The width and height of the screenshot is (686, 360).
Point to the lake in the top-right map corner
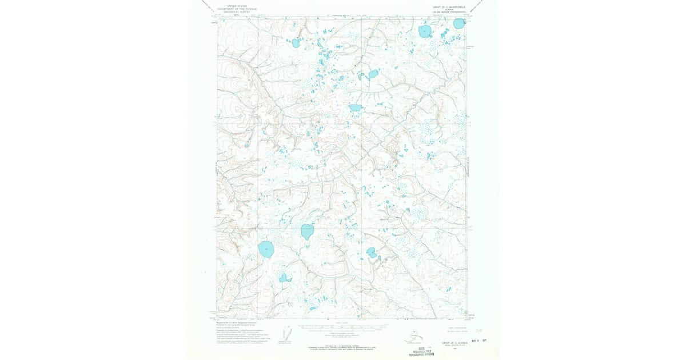click(459, 23)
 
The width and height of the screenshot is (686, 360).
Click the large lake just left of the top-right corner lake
click(425, 31)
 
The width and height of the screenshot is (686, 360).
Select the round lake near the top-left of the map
click(296, 42)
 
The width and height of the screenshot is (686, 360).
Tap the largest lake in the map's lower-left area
click(266, 249)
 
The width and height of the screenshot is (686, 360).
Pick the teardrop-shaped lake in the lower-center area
click(307, 231)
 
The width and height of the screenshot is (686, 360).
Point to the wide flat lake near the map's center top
click(355, 107)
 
